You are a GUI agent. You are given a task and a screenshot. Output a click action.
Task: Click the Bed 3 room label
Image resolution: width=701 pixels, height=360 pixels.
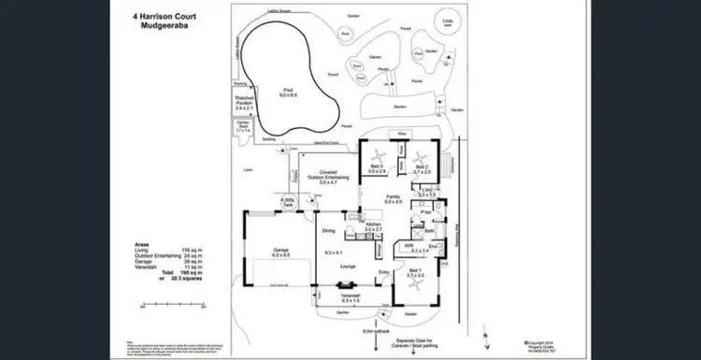point(378,168)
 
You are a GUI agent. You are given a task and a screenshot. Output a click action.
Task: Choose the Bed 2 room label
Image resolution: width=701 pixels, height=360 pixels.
point(421,168)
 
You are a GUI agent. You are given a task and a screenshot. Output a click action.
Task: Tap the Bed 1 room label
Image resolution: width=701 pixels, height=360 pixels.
point(415,274)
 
